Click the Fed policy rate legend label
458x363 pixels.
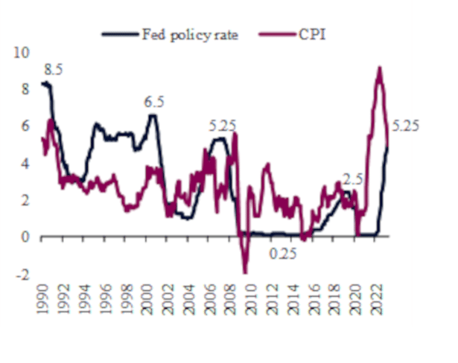(x=189, y=34)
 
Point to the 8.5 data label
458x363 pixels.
(x=53, y=70)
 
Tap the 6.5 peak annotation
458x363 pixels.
(x=153, y=102)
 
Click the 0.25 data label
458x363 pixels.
(x=282, y=254)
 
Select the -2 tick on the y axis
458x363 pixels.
(x=22, y=274)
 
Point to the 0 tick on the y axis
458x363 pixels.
(x=24, y=237)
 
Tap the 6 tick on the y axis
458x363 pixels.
(x=24, y=126)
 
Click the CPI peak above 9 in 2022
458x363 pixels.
(x=380, y=68)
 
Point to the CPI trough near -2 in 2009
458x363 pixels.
(x=244, y=272)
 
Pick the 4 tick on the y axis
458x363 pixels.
(x=24, y=163)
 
